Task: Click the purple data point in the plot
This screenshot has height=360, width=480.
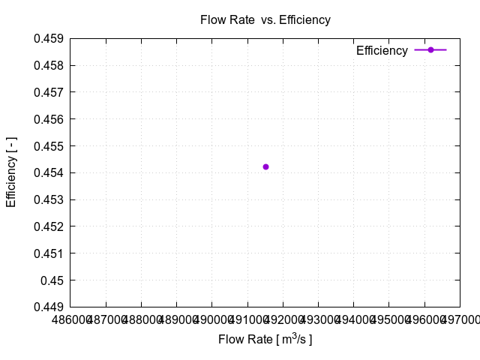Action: pos(265,166)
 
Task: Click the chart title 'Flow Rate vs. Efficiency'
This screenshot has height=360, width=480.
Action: pos(265,20)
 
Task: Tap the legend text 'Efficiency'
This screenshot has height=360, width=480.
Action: pos(382,51)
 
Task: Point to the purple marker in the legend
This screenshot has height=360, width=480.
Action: pos(430,50)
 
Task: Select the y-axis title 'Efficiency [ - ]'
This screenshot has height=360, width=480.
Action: pos(11,172)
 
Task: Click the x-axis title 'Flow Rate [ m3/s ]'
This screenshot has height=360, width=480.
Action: pos(265,340)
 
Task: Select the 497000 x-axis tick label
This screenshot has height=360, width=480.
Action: pos(460,320)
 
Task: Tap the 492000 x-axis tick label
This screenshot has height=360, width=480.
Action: pos(282,320)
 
